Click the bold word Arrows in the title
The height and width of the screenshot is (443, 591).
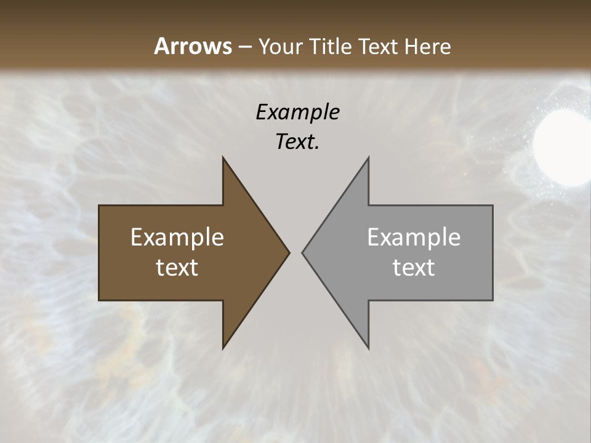click(x=193, y=46)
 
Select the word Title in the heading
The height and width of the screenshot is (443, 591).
click(x=329, y=46)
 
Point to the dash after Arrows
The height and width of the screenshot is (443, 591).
click(x=244, y=47)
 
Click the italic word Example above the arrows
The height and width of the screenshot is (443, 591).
click(x=297, y=113)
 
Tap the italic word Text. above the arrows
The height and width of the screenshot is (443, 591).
click(x=296, y=142)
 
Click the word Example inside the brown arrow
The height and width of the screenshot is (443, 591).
click(x=177, y=237)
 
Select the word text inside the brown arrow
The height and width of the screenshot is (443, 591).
click(x=177, y=267)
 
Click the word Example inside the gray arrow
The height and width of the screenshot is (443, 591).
click(x=414, y=237)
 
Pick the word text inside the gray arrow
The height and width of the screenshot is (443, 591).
click(x=414, y=267)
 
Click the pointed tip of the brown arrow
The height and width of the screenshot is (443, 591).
click(x=289, y=252)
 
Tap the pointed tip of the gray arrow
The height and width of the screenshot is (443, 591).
click(x=302, y=252)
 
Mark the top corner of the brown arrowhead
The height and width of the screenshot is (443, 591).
click(x=223, y=158)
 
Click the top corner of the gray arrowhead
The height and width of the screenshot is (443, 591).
click(x=368, y=158)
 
